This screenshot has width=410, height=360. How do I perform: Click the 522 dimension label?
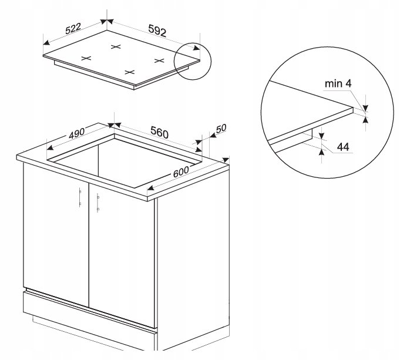coord(73,29)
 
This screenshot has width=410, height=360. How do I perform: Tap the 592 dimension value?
coord(157,31)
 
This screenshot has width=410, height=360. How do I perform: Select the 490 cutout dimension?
coord(77,133)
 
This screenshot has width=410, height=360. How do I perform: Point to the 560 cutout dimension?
coord(159,132)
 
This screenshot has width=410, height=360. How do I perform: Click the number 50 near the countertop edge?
coord(221,129)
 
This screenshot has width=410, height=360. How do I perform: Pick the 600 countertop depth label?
coord(181,171)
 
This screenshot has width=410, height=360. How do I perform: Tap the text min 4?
coord(338,83)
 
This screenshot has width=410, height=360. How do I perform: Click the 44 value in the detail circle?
coord(343,147)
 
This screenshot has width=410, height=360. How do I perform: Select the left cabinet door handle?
coord(80,197)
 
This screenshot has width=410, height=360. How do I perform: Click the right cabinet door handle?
coord(98,203)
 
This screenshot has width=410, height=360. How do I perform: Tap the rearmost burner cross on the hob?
coord(116,47)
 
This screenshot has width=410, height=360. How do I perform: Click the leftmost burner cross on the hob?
coord(86,58)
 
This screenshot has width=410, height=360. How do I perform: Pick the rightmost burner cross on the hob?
coord(159,60)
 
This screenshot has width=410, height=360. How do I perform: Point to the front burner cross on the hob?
coord(130,72)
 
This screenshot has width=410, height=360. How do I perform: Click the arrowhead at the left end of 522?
coord(46,43)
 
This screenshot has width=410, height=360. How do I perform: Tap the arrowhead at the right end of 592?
coord(197,48)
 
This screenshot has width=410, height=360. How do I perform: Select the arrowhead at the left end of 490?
coord(50,148)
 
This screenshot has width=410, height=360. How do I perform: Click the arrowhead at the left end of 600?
coord(151,188)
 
